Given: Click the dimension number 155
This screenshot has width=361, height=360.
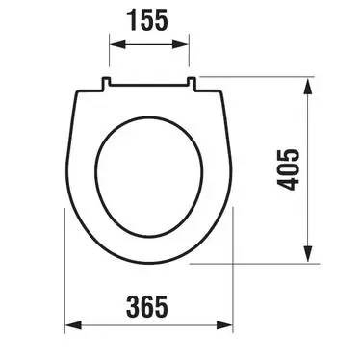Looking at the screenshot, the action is (148, 20).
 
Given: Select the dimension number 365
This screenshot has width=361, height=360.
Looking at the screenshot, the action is (147, 306).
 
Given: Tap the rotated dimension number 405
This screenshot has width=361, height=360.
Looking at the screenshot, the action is (288, 169).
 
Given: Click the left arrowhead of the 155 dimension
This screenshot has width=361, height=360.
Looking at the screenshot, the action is (117, 44).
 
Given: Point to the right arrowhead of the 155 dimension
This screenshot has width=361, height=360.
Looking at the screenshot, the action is (180, 44).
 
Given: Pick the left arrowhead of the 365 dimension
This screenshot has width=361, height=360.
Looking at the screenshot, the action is (73, 325).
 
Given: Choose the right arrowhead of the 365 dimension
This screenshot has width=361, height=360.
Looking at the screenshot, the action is (224, 325).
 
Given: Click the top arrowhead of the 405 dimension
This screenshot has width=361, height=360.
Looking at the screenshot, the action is (308, 87).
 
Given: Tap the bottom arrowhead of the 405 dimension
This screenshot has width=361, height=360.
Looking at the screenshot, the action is (308, 254).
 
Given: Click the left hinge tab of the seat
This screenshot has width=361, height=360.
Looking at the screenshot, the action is (106, 83).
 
